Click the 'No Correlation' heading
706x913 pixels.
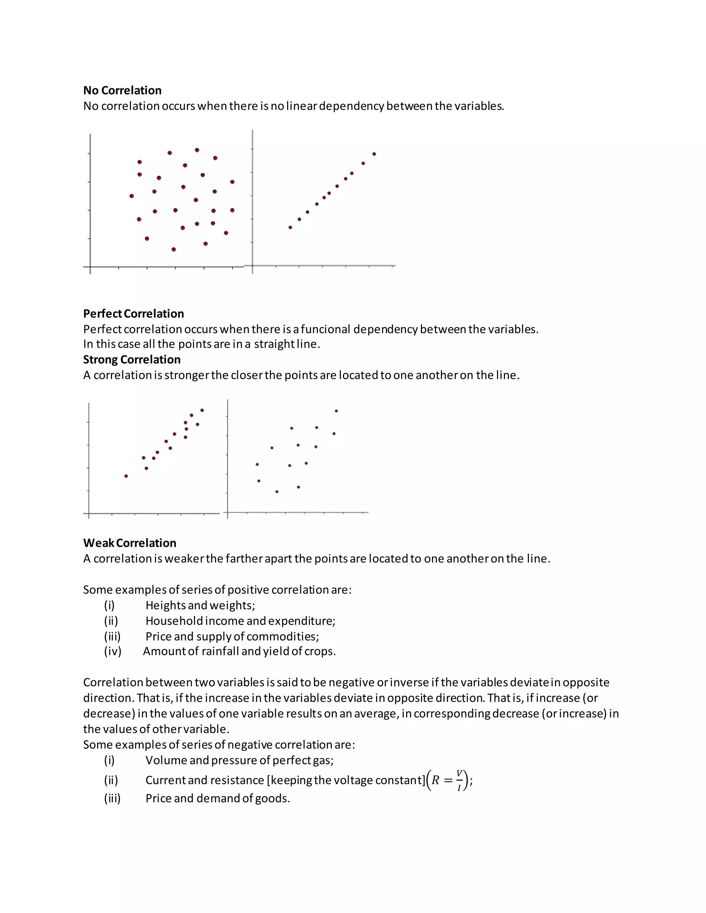(122, 90)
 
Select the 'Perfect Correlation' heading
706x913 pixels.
(133, 314)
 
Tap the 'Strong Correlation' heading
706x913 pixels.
(132, 359)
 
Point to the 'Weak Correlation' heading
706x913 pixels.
(130, 543)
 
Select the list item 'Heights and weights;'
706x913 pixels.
(200, 605)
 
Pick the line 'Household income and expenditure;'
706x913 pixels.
(240, 621)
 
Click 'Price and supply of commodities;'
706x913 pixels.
(232, 636)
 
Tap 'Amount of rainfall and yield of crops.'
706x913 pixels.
(239, 651)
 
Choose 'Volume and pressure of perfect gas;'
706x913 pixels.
(239, 760)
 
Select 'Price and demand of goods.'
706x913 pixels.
(218, 799)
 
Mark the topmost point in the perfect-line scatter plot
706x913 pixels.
(374, 154)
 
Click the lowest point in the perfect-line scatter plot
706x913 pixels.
(290, 227)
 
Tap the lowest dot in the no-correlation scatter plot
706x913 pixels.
(174, 249)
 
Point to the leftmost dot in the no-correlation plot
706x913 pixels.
(132, 196)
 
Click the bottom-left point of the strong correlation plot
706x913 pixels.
(126, 476)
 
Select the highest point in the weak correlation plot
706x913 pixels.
(336, 411)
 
